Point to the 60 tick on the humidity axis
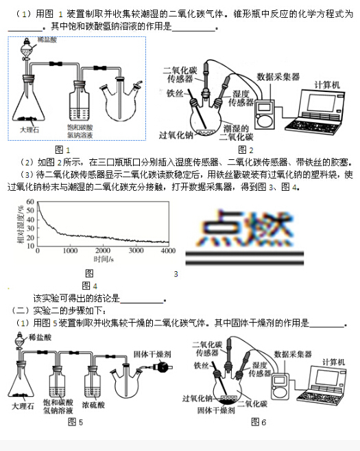[x=29, y=203]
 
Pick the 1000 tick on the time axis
[x=70, y=252]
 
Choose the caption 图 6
[x=259, y=422]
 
